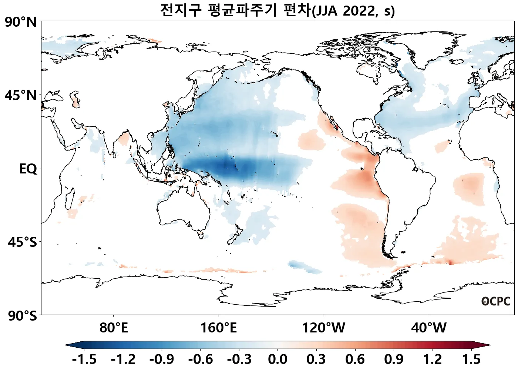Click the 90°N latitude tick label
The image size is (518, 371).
pyautogui.click(x=21, y=22)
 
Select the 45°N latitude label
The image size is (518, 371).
pyautogui.click(x=21, y=96)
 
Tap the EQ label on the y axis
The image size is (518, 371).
pyautogui.click(x=28, y=169)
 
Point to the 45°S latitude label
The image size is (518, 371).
pyautogui.click(x=22, y=242)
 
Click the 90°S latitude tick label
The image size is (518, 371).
pyautogui.click(x=22, y=316)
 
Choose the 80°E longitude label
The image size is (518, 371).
pyautogui.click(x=114, y=328)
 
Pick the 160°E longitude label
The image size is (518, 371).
pyautogui.click(x=218, y=328)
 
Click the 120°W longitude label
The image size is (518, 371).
pyautogui.click(x=324, y=328)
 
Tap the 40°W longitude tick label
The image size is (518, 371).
pyautogui.click(x=429, y=328)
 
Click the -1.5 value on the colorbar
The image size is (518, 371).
pyautogui.click(x=84, y=359)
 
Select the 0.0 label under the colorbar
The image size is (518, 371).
pyautogui.click(x=277, y=359)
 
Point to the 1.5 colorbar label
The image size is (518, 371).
pyautogui.click(x=471, y=359)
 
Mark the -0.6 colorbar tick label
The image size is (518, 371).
pyautogui.click(x=200, y=359)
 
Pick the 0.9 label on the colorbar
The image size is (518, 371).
pyautogui.click(x=394, y=359)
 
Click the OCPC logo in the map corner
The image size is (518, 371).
pyautogui.click(x=495, y=301)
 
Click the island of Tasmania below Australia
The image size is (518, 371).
pyautogui.click(x=201, y=235)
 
